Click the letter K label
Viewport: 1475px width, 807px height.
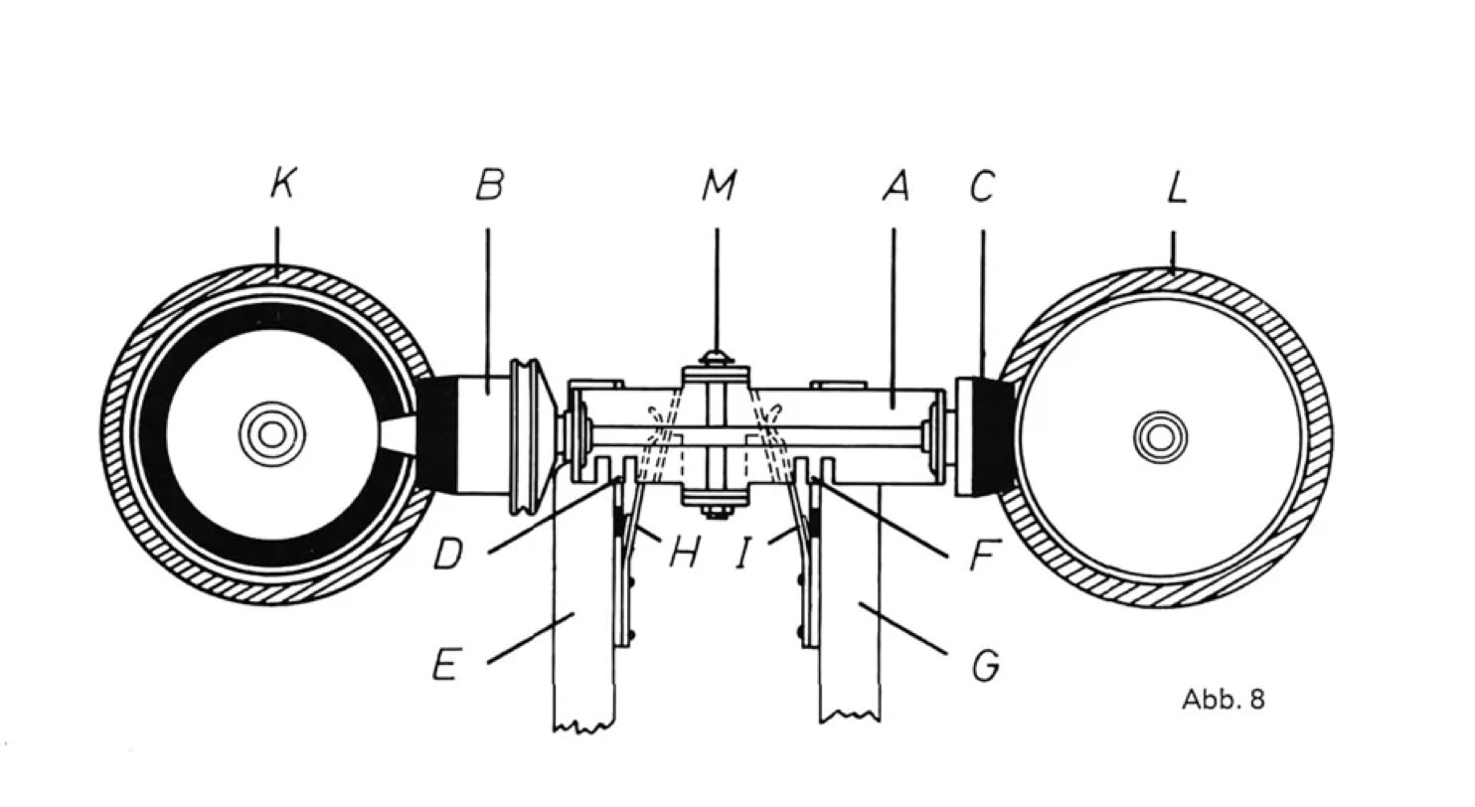pyautogui.click(x=282, y=184)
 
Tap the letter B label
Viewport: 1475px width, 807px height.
pyautogui.click(x=489, y=185)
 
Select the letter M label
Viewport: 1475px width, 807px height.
pyautogui.click(x=718, y=185)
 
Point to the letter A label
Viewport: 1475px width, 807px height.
pyautogui.click(x=895, y=186)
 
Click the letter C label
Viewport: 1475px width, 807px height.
pyautogui.click(x=982, y=186)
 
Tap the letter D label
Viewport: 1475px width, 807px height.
pyautogui.click(x=448, y=555)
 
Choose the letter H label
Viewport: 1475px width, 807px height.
pyautogui.click(x=682, y=553)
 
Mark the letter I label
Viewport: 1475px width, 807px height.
pyautogui.click(x=743, y=555)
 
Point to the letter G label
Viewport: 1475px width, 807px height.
pyautogui.click(x=984, y=665)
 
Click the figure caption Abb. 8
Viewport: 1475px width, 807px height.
pyautogui.click(x=1224, y=700)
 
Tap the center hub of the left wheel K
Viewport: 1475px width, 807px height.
pyautogui.click(x=271, y=434)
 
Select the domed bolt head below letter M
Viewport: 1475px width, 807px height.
pyautogui.click(x=717, y=357)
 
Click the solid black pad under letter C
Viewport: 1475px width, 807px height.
pyautogui.click(x=995, y=436)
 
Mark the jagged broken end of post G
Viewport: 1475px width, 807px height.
pyautogui.click(x=850, y=716)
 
